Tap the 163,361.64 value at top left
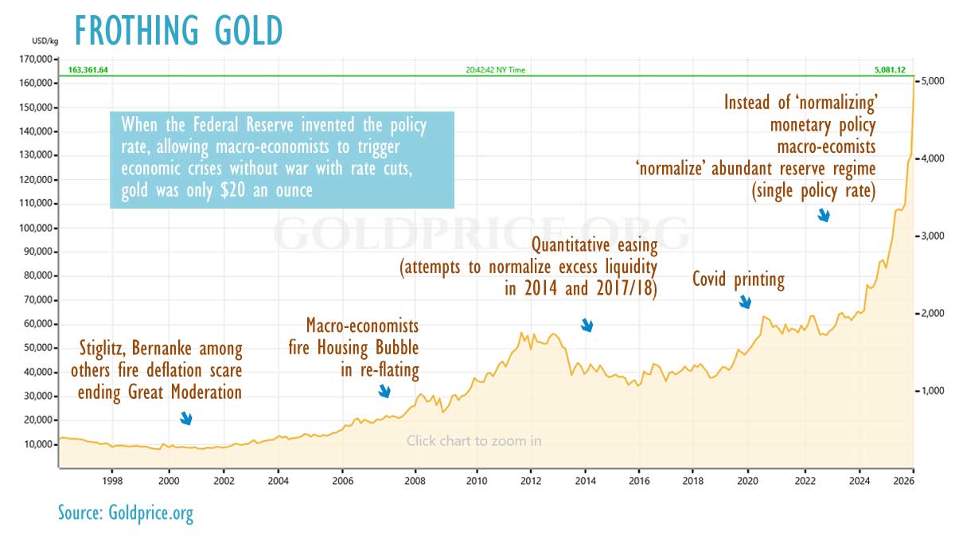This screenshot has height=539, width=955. [x=88, y=70]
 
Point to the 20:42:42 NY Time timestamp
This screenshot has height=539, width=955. [x=495, y=70]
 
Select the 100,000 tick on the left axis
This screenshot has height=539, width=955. [x=34, y=228]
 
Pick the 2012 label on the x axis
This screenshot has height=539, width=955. [x=531, y=482]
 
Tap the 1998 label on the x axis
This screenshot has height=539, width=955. [x=112, y=482]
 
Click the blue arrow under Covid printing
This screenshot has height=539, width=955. [x=746, y=302]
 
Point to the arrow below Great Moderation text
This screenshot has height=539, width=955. [x=186, y=418]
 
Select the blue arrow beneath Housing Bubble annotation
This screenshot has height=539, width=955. [x=384, y=391]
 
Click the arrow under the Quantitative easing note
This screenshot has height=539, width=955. [x=587, y=325]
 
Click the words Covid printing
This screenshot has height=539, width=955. [x=738, y=279]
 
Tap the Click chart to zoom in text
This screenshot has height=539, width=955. [x=474, y=440]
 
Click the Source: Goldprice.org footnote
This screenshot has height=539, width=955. [x=126, y=513]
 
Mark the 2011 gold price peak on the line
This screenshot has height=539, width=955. [x=520, y=332]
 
